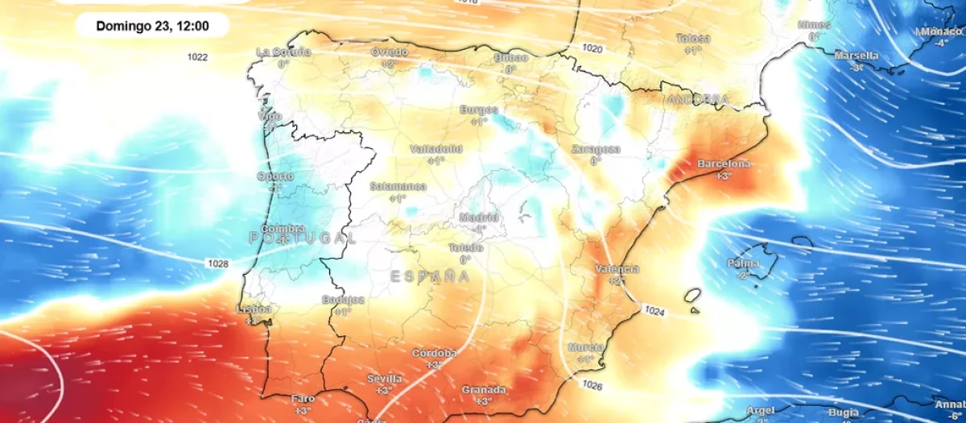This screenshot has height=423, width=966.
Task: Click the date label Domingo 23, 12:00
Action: (x=152, y=26)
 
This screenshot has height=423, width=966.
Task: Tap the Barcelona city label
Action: (x=724, y=164)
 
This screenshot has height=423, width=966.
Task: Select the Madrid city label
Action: (x=479, y=218)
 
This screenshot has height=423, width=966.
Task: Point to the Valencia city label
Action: (x=617, y=269)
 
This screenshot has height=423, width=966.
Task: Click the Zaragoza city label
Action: (x=596, y=150)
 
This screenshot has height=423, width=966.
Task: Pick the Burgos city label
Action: (x=479, y=110)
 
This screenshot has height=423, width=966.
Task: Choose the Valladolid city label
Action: (x=436, y=149)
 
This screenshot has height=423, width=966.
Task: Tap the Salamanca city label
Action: (x=398, y=186)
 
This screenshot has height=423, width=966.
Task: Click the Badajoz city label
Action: (x=343, y=300)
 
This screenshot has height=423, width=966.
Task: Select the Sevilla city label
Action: (x=384, y=378)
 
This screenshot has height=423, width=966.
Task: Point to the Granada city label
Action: (x=484, y=390)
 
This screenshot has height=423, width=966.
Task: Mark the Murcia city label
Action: (x=586, y=346)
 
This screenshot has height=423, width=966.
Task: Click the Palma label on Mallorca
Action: (x=743, y=263)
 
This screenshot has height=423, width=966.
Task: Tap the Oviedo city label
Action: (x=389, y=52)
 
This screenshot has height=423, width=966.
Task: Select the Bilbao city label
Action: (x=510, y=58)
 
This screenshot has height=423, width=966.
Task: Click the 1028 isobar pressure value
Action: (x=217, y=263)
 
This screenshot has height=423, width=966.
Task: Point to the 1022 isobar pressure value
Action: (x=197, y=56)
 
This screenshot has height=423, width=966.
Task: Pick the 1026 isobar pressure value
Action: (x=592, y=386)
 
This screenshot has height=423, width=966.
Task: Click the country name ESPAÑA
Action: (x=430, y=276)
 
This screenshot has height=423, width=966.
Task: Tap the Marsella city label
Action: (x=857, y=56)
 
